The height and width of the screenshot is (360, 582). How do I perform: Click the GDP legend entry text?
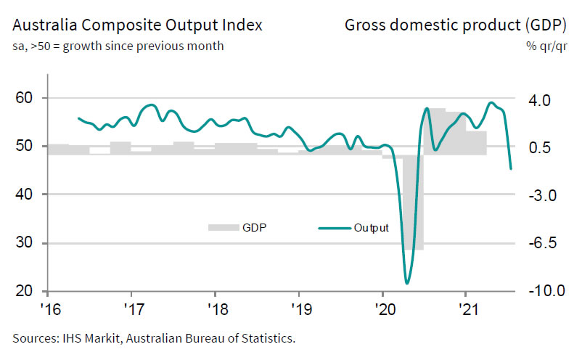pyautogui.click(x=255, y=228)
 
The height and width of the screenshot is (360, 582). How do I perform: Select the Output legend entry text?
pyautogui.click(x=372, y=228)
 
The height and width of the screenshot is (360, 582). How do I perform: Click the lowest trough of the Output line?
pyautogui.click(x=407, y=282)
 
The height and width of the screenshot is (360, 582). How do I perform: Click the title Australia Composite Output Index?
pyautogui.click(x=137, y=27)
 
